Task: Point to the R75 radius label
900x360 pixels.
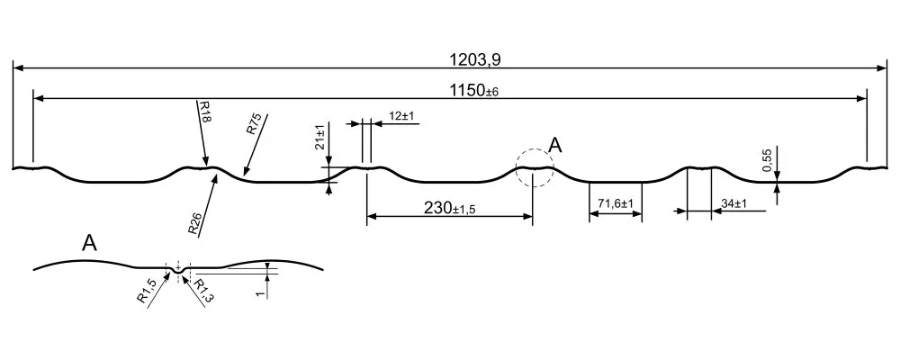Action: (254, 124)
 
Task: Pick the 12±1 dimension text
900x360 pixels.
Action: (401, 116)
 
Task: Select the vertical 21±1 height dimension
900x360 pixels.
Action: (319, 137)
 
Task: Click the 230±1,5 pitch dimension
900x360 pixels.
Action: (449, 208)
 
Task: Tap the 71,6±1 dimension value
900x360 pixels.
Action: (616, 203)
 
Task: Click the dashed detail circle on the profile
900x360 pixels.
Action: (535, 167)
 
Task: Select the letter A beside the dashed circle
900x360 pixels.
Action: (555, 145)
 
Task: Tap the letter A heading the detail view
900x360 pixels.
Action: (89, 243)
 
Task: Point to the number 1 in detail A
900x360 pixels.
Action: (261, 292)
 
